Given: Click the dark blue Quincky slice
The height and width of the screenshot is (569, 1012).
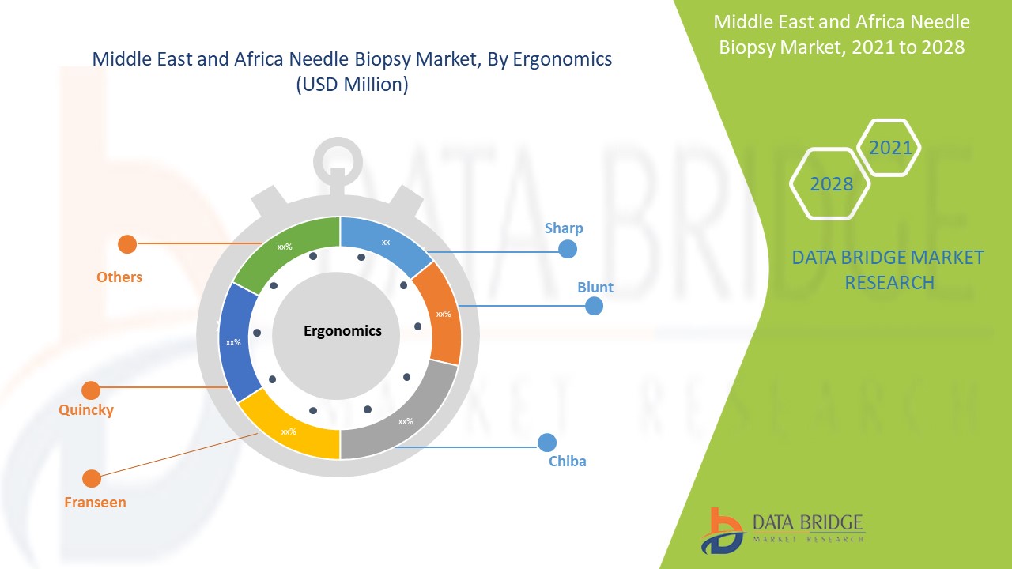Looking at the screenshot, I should [235, 341].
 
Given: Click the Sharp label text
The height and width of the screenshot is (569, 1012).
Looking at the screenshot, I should [564, 228].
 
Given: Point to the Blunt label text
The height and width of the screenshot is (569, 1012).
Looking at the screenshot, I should [595, 287].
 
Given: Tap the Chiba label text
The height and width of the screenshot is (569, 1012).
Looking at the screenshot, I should [568, 461].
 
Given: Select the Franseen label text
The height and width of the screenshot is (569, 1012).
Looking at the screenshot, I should [95, 502].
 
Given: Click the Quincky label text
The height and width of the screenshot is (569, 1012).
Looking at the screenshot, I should [86, 409].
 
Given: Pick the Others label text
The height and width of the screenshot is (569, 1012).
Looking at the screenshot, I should [119, 277].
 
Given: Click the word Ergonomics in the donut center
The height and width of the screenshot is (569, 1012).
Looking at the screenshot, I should [342, 330].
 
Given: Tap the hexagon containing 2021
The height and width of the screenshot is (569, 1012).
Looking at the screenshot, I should [889, 148].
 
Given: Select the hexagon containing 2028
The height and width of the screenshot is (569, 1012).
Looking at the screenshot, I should [831, 183].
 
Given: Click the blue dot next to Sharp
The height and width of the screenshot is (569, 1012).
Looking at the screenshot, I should [567, 249].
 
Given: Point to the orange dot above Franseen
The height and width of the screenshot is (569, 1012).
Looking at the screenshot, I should [92, 478].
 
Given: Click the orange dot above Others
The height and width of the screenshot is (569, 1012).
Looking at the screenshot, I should [126, 244].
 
